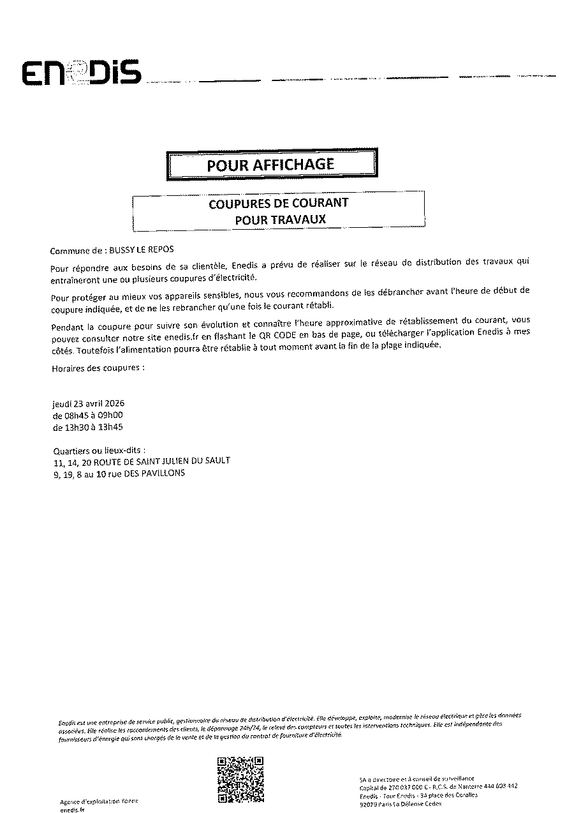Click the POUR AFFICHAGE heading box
tap(270, 165)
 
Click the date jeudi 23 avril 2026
tap(88, 404)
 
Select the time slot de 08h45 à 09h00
tap(87, 415)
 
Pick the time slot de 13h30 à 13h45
tap(87, 427)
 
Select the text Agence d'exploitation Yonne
tap(98, 802)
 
